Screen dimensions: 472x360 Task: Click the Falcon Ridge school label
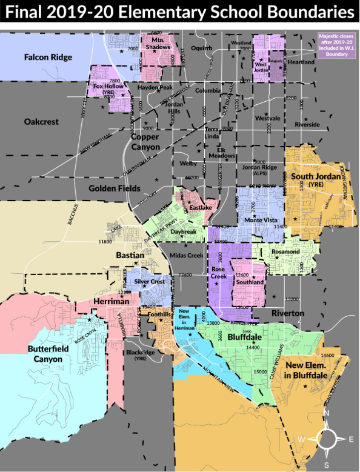pos(48,58)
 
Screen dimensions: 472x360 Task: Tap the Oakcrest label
pos(41,122)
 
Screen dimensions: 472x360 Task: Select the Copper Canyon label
pos(145,142)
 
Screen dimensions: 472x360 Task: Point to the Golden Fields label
pos(115,188)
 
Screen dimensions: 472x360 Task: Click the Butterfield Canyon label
pos(45,354)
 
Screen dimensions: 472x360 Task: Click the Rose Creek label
pos(218,273)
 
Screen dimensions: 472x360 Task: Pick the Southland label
pos(249,282)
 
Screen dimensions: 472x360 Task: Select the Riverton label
pos(288,313)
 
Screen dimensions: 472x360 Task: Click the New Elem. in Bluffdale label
pos(307,370)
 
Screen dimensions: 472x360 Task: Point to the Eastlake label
pos(200,208)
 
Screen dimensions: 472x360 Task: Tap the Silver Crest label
pos(149,282)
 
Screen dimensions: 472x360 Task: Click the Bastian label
pos(130,256)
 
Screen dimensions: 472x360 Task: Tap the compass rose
pos(327,437)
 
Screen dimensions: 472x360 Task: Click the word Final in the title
pos(30,12)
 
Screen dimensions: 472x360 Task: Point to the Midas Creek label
pos(187,255)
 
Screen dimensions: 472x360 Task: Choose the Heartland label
pos(301,62)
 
